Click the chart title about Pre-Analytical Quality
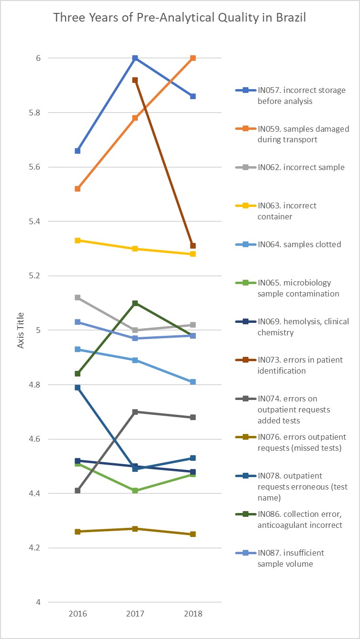[180, 18]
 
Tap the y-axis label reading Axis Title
[21, 330]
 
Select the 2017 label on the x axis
[135, 614]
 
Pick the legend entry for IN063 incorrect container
[287, 211]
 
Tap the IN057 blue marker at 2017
[135, 58]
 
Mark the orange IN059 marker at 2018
[193, 58]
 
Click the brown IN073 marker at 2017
[135, 80]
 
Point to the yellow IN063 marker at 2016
[78, 240]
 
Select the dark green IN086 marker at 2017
[135, 303]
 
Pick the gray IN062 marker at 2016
[78, 297]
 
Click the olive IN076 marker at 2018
[193, 534]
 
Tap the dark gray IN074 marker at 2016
[78, 491]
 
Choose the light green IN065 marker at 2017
[135, 491]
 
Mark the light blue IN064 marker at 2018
[193, 382]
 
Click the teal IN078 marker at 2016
[78, 388]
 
